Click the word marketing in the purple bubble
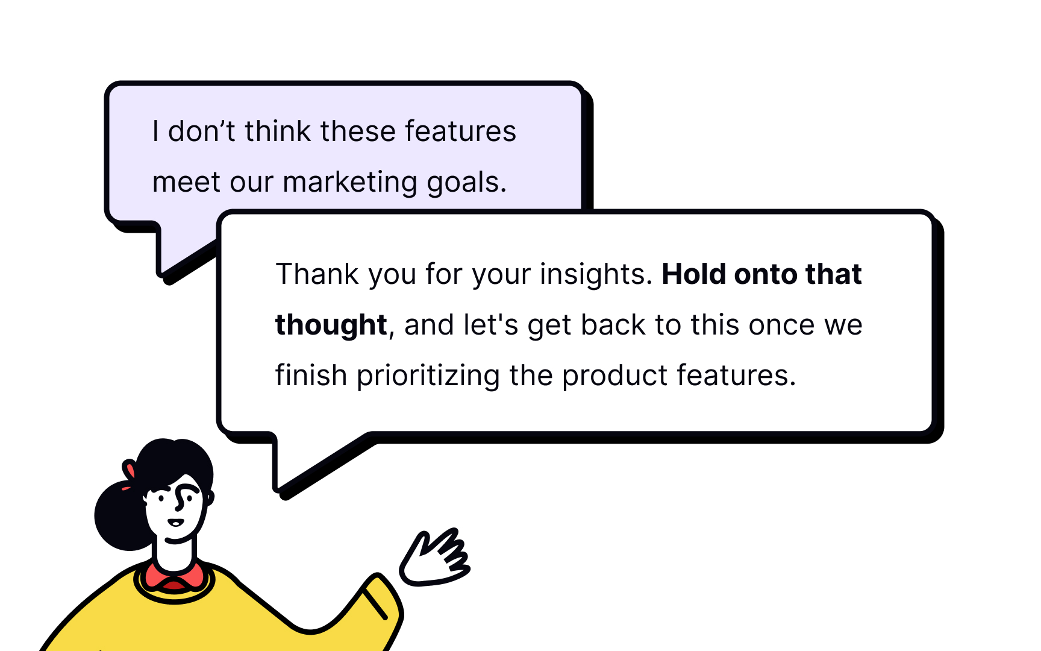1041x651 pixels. pos(349,182)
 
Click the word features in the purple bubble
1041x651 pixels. pos(460,131)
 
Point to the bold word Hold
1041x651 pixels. pos(693,274)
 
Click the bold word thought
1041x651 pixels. pos(331,325)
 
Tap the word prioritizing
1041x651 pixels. pos(428,376)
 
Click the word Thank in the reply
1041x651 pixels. pos(317,274)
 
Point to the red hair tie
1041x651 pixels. pos(129,471)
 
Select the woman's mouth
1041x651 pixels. pos(175,523)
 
